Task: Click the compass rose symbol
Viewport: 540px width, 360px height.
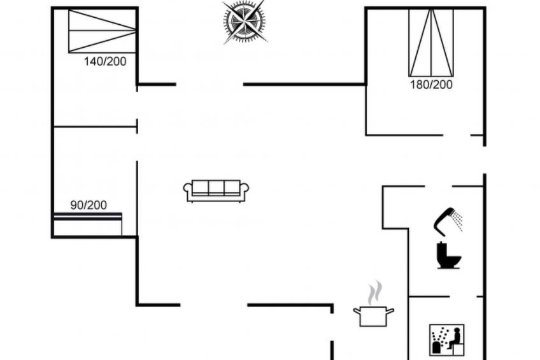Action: tap(245, 22)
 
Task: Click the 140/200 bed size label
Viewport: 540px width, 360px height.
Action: tap(105, 62)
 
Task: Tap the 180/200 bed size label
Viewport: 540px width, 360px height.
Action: tap(431, 84)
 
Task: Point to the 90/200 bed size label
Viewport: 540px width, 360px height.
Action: tap(89, 205)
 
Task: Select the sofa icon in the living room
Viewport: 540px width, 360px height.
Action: tap(216, 191)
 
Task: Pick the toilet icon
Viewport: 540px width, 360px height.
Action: tap(448, 256)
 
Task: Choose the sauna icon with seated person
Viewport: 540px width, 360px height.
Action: tap(447, 340)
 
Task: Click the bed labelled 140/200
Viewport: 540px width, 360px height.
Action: tap(102, 31)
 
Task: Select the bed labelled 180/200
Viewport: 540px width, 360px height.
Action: tap(431, 43)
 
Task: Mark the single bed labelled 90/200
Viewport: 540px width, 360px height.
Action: tap(88, 224)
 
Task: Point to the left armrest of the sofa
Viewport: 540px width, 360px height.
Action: tap(188, 189)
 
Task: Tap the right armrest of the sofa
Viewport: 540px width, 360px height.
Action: tap(244, 189)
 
